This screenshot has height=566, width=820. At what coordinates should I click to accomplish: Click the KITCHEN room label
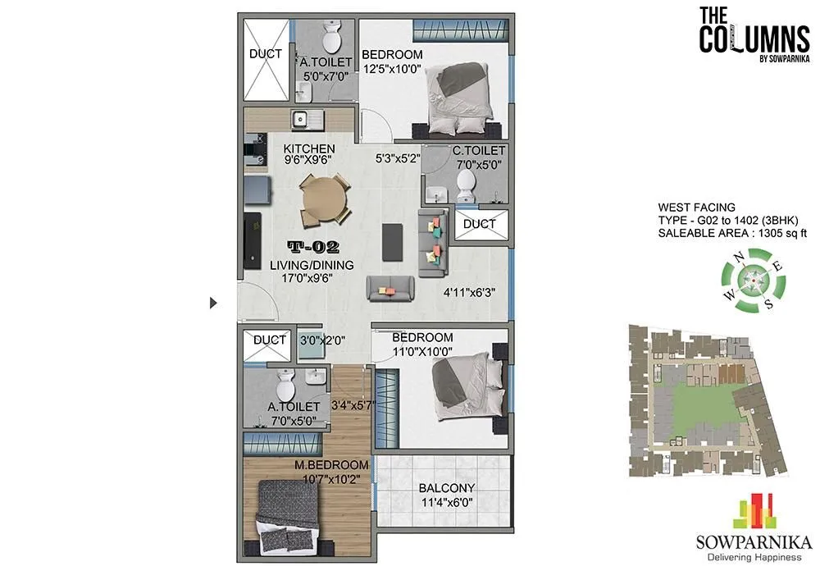tap(309, 148)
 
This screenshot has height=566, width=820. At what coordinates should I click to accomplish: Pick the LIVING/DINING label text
tap(312, 265)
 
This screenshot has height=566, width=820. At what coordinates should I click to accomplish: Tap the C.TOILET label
tap(477, 151)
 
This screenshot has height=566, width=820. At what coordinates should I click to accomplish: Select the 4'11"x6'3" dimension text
tap(469, 290)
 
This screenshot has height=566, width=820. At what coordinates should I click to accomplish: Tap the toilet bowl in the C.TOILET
tap(467, 182)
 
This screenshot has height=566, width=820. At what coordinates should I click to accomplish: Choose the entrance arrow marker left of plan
tap(214, 303)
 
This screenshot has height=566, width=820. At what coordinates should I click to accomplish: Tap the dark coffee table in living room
tap(394, 240)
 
